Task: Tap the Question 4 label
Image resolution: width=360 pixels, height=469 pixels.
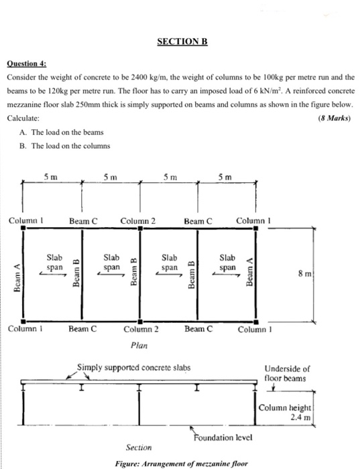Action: [x=26, y=65]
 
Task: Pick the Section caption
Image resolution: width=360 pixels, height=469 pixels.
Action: [x=138, y=447]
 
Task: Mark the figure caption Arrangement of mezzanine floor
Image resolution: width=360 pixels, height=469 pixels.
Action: [x=181, y=463]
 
